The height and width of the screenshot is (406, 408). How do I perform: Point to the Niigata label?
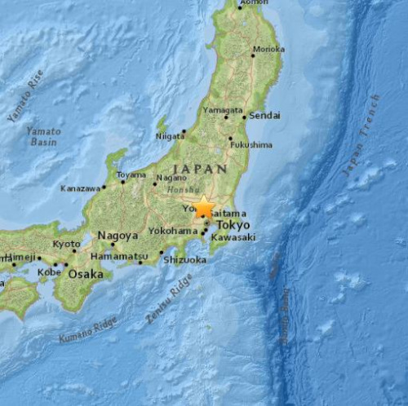point(169,136)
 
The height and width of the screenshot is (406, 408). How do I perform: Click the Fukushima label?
point(251,144)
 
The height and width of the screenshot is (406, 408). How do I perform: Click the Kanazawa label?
point(80,188)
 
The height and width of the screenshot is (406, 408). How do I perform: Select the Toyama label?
point(131,174)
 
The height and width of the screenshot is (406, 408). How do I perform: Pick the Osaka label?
point(86,274)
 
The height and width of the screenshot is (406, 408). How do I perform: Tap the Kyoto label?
point(67,244)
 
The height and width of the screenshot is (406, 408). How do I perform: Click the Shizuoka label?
point(181,261)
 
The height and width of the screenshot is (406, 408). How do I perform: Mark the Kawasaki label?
point(233,237)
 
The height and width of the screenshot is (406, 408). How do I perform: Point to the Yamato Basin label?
point(42,135)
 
